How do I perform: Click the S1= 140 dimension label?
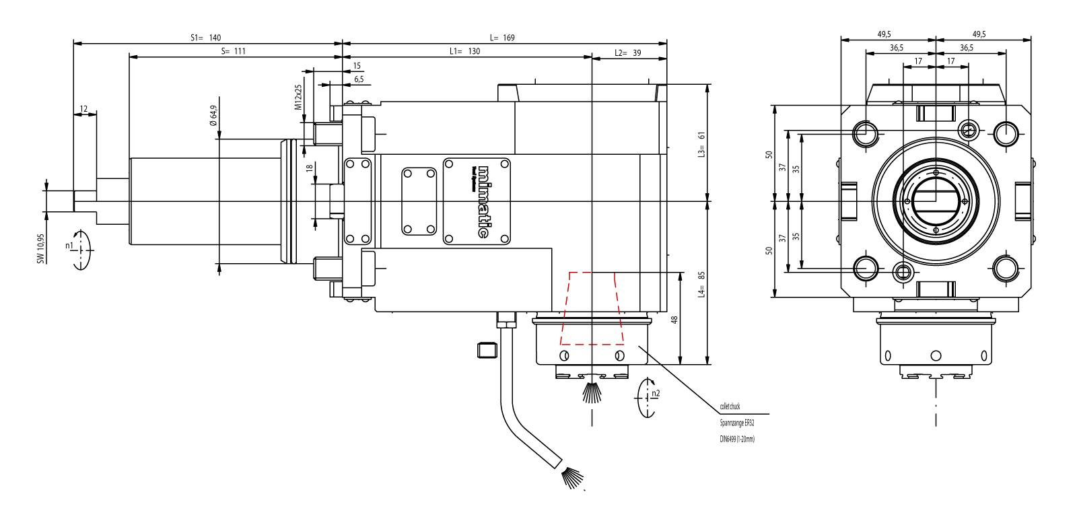[x=205, y=38]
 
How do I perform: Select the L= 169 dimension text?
[x=502, y=38]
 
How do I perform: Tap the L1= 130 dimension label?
[x=464, y=51]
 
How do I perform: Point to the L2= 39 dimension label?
[x=627, y=52]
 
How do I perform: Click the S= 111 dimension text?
[x=234, y=51]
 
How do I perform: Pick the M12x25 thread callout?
[x=298, y=98]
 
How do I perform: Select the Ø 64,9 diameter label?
[x=213, y=115]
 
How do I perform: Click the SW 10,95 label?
[x=40, y=249]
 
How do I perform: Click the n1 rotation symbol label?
[x=69, y=246]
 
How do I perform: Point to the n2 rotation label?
[x=656, y=394]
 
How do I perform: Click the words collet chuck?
[x=730, y=407]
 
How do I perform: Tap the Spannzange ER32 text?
[x=736, y=423]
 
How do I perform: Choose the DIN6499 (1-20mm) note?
[x=737, y=439]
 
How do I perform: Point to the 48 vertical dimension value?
[x=674, y=320]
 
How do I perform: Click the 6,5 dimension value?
[x=359, y=79]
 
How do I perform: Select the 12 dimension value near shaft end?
[x=83, y=109]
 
